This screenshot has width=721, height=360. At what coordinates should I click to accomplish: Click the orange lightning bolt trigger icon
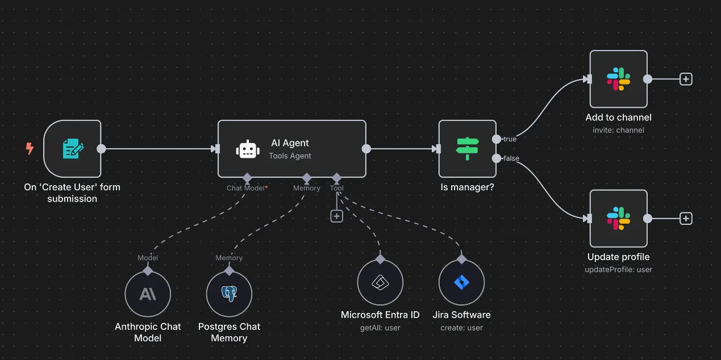[x=30, y=149]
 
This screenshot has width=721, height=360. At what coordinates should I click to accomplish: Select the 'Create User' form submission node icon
[x=73, y=149]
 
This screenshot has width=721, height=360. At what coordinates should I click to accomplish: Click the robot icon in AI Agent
[x=247, y=149]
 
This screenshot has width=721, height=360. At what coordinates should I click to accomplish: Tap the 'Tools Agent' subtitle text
[x=290, y=156]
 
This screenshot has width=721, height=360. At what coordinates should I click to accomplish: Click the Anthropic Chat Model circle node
[x=148, y=294]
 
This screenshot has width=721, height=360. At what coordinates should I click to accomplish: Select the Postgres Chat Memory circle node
[x=229, y=294]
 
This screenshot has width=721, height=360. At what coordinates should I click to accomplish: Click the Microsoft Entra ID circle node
[x=380, y=282]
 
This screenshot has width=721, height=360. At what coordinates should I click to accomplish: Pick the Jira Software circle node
[x=461, y=282]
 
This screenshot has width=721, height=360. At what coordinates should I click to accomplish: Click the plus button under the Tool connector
[x=337, y=216]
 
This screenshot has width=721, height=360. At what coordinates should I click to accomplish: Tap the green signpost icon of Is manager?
[x=468, y=149]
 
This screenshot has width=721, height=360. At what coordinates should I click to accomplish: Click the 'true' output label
[x=509, y=139]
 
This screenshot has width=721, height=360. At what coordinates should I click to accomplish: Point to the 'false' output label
[x=511, y=158]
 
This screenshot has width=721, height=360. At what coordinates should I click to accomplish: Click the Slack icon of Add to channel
[x=618, y=79]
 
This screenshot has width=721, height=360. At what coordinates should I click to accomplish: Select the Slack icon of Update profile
[x=618, y=219]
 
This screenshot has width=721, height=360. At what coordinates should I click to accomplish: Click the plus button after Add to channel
[x=686, y=79]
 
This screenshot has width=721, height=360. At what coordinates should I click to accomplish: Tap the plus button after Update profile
[x=686, y=219]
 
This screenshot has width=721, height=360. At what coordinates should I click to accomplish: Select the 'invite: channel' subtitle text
[x=618, y=130]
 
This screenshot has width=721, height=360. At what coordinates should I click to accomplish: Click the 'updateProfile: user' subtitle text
[x=618, y=270]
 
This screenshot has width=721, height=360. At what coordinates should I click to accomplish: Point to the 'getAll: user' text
[x=380, y=328]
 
